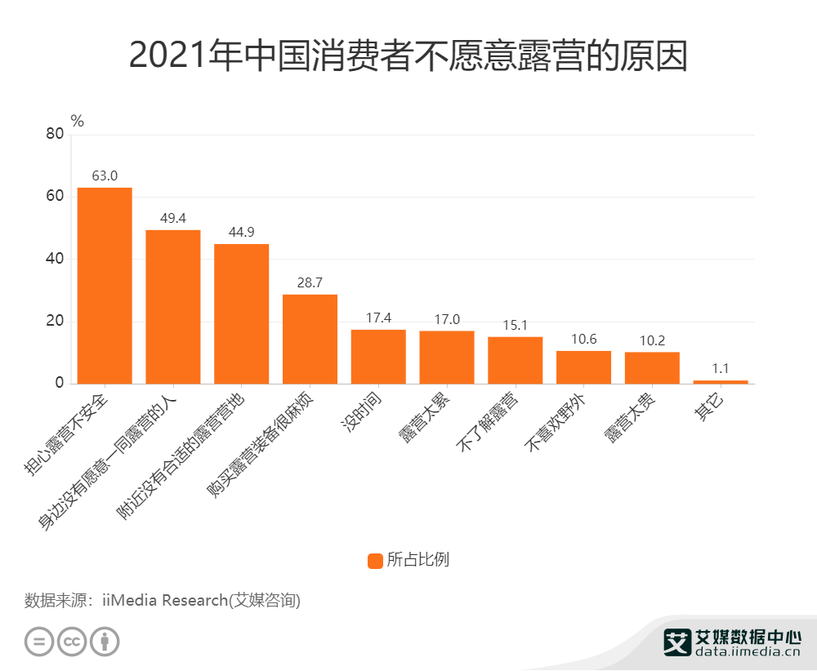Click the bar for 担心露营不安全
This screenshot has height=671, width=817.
coord(105,286)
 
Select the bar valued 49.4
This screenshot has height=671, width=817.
coord(173,307)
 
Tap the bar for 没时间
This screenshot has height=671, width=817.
coord(378,357)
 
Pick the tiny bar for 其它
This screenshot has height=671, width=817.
coord(721,381)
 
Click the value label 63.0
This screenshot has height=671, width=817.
coord(105,176)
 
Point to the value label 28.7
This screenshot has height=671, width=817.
coord(310,282)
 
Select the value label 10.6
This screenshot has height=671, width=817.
coord(583,339)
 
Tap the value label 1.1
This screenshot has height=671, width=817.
coord(721,368)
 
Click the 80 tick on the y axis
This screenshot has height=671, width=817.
coord(54,135)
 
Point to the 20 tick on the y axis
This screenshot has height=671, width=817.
coord(54,322)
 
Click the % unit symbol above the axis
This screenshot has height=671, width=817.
coord(78,121)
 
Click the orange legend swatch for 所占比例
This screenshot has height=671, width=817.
coord(376,561)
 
